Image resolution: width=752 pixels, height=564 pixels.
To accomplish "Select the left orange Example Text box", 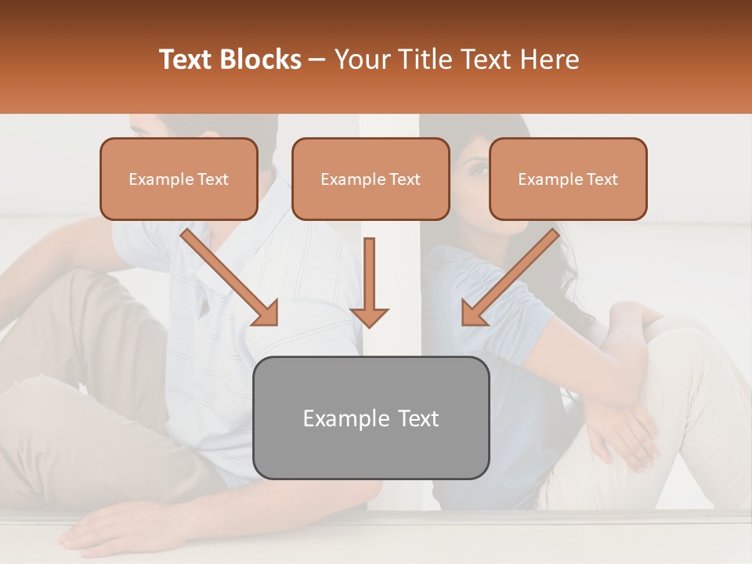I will pyautogui.click(x=179, y=179).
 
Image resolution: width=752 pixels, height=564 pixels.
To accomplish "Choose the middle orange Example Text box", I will pyautogui.click(x=371, y=179).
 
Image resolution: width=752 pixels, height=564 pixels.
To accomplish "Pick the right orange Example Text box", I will pyautogui.click(x=568, y=179).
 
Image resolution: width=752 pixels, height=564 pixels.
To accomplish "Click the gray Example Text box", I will pyautogui.click(x=371, y=418).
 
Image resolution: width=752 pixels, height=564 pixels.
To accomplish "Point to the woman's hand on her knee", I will pyautogui.click(x=627, y=423).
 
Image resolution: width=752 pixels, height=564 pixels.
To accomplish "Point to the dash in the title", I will pyautogui.click(x=317, y=60).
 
